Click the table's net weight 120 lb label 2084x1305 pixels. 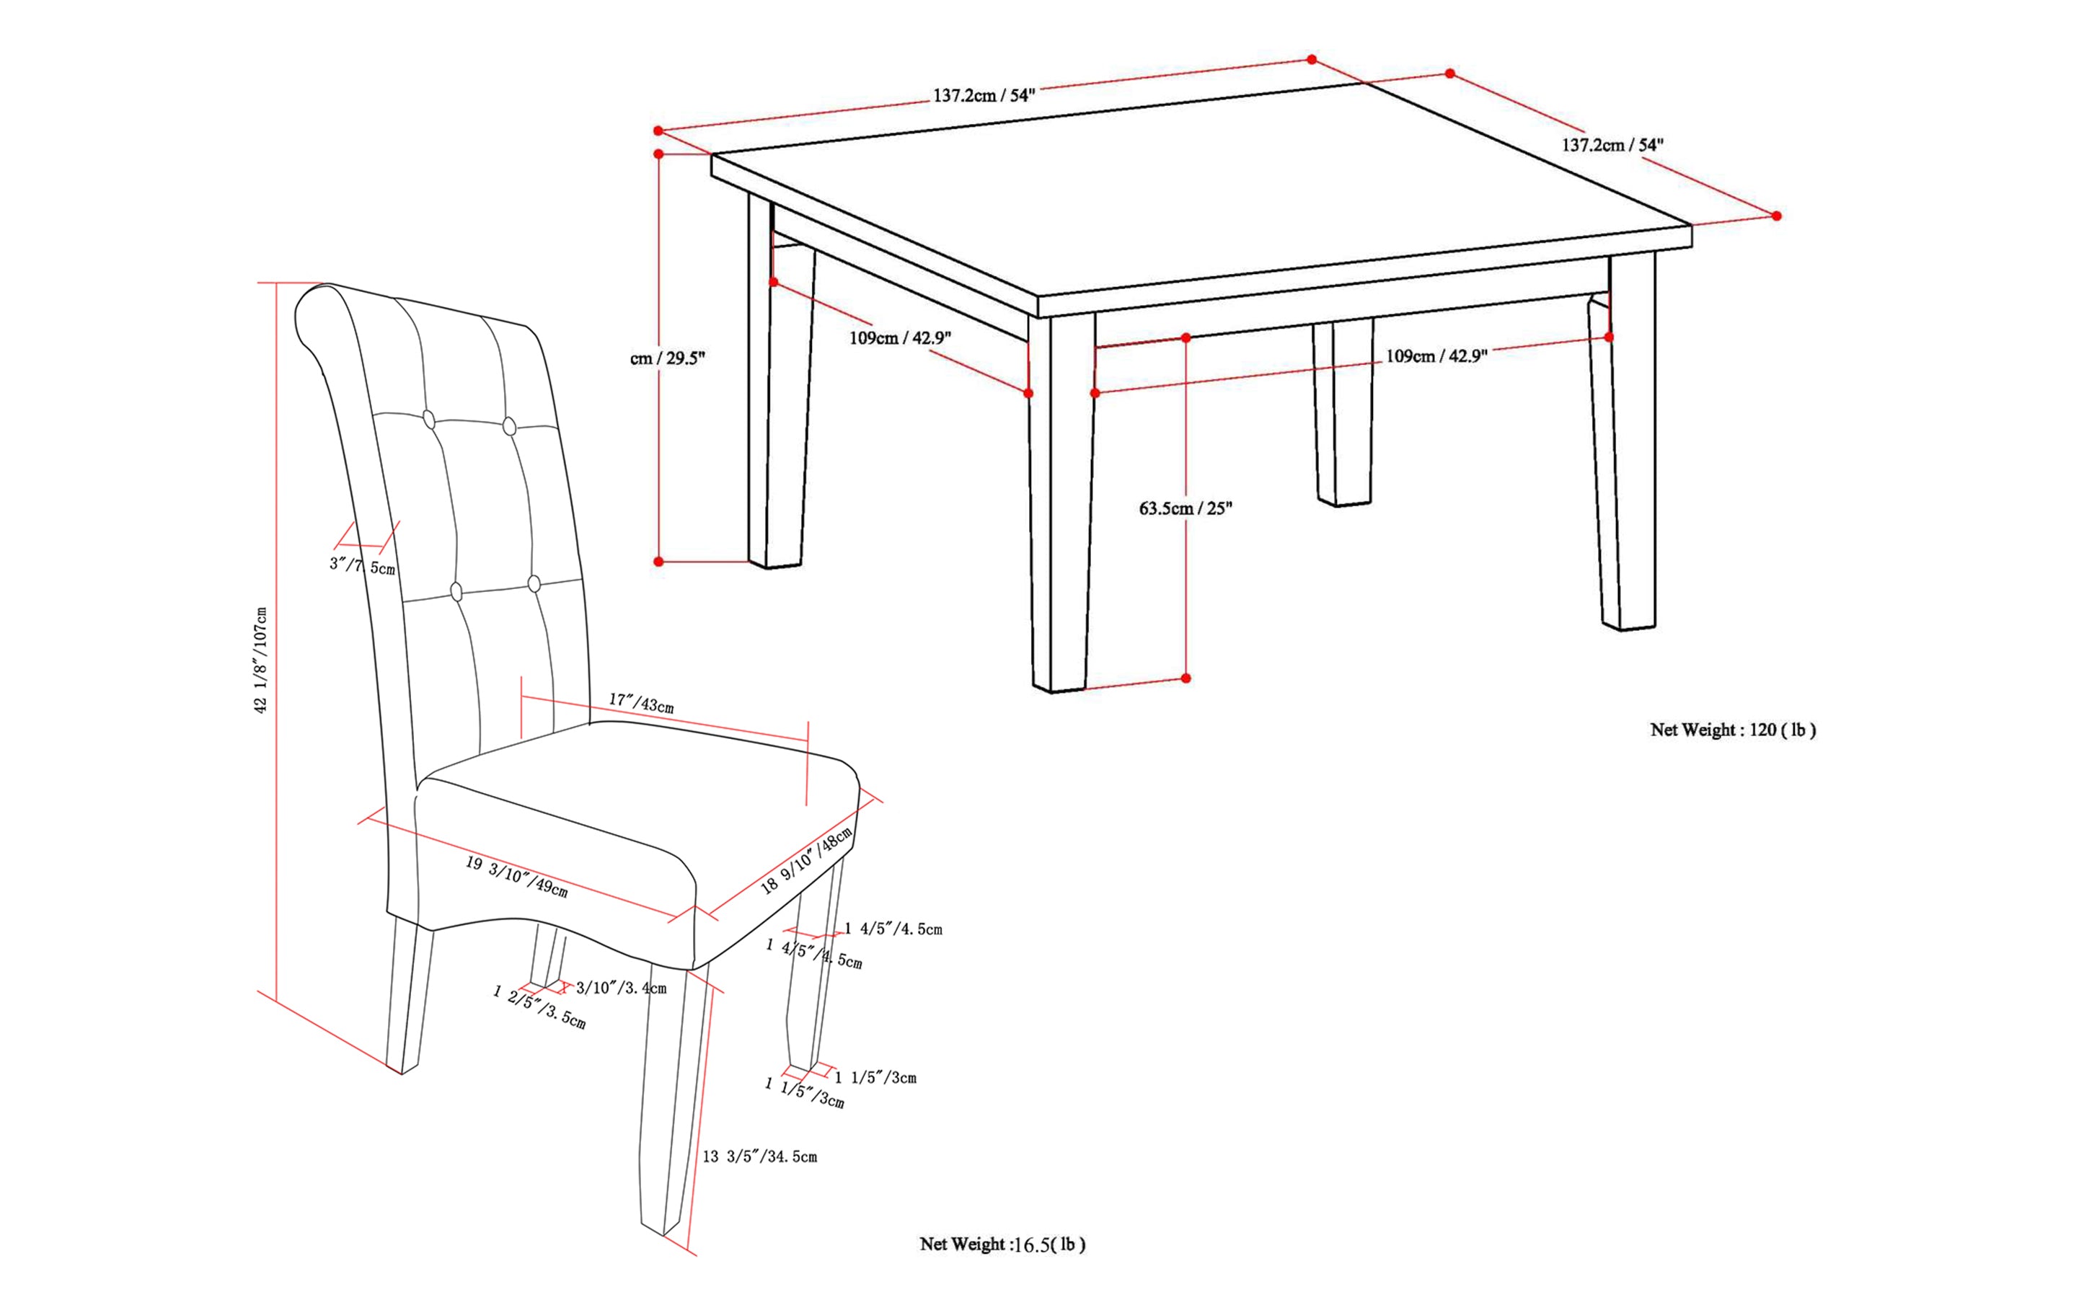(1733, 730)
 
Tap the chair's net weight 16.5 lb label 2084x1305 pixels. (1002, 1244)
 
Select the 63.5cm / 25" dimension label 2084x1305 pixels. (1186, 508)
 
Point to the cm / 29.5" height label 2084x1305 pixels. (667, 358)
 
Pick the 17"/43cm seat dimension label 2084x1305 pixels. (642, 704)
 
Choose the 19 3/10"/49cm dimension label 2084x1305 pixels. (516, 876)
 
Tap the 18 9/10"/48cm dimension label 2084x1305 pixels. (806, 860)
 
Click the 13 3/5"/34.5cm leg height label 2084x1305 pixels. (760, 1156)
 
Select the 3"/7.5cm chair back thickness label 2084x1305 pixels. (363, 566)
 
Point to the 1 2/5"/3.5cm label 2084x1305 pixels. (539, 1007)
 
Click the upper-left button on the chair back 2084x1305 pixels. (429, 420)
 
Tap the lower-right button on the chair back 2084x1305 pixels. (534, 584)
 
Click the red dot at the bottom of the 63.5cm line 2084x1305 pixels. (1186, 678)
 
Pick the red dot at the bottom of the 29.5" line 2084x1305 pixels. (658, 562)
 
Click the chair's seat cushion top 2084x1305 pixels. (639, 785)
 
